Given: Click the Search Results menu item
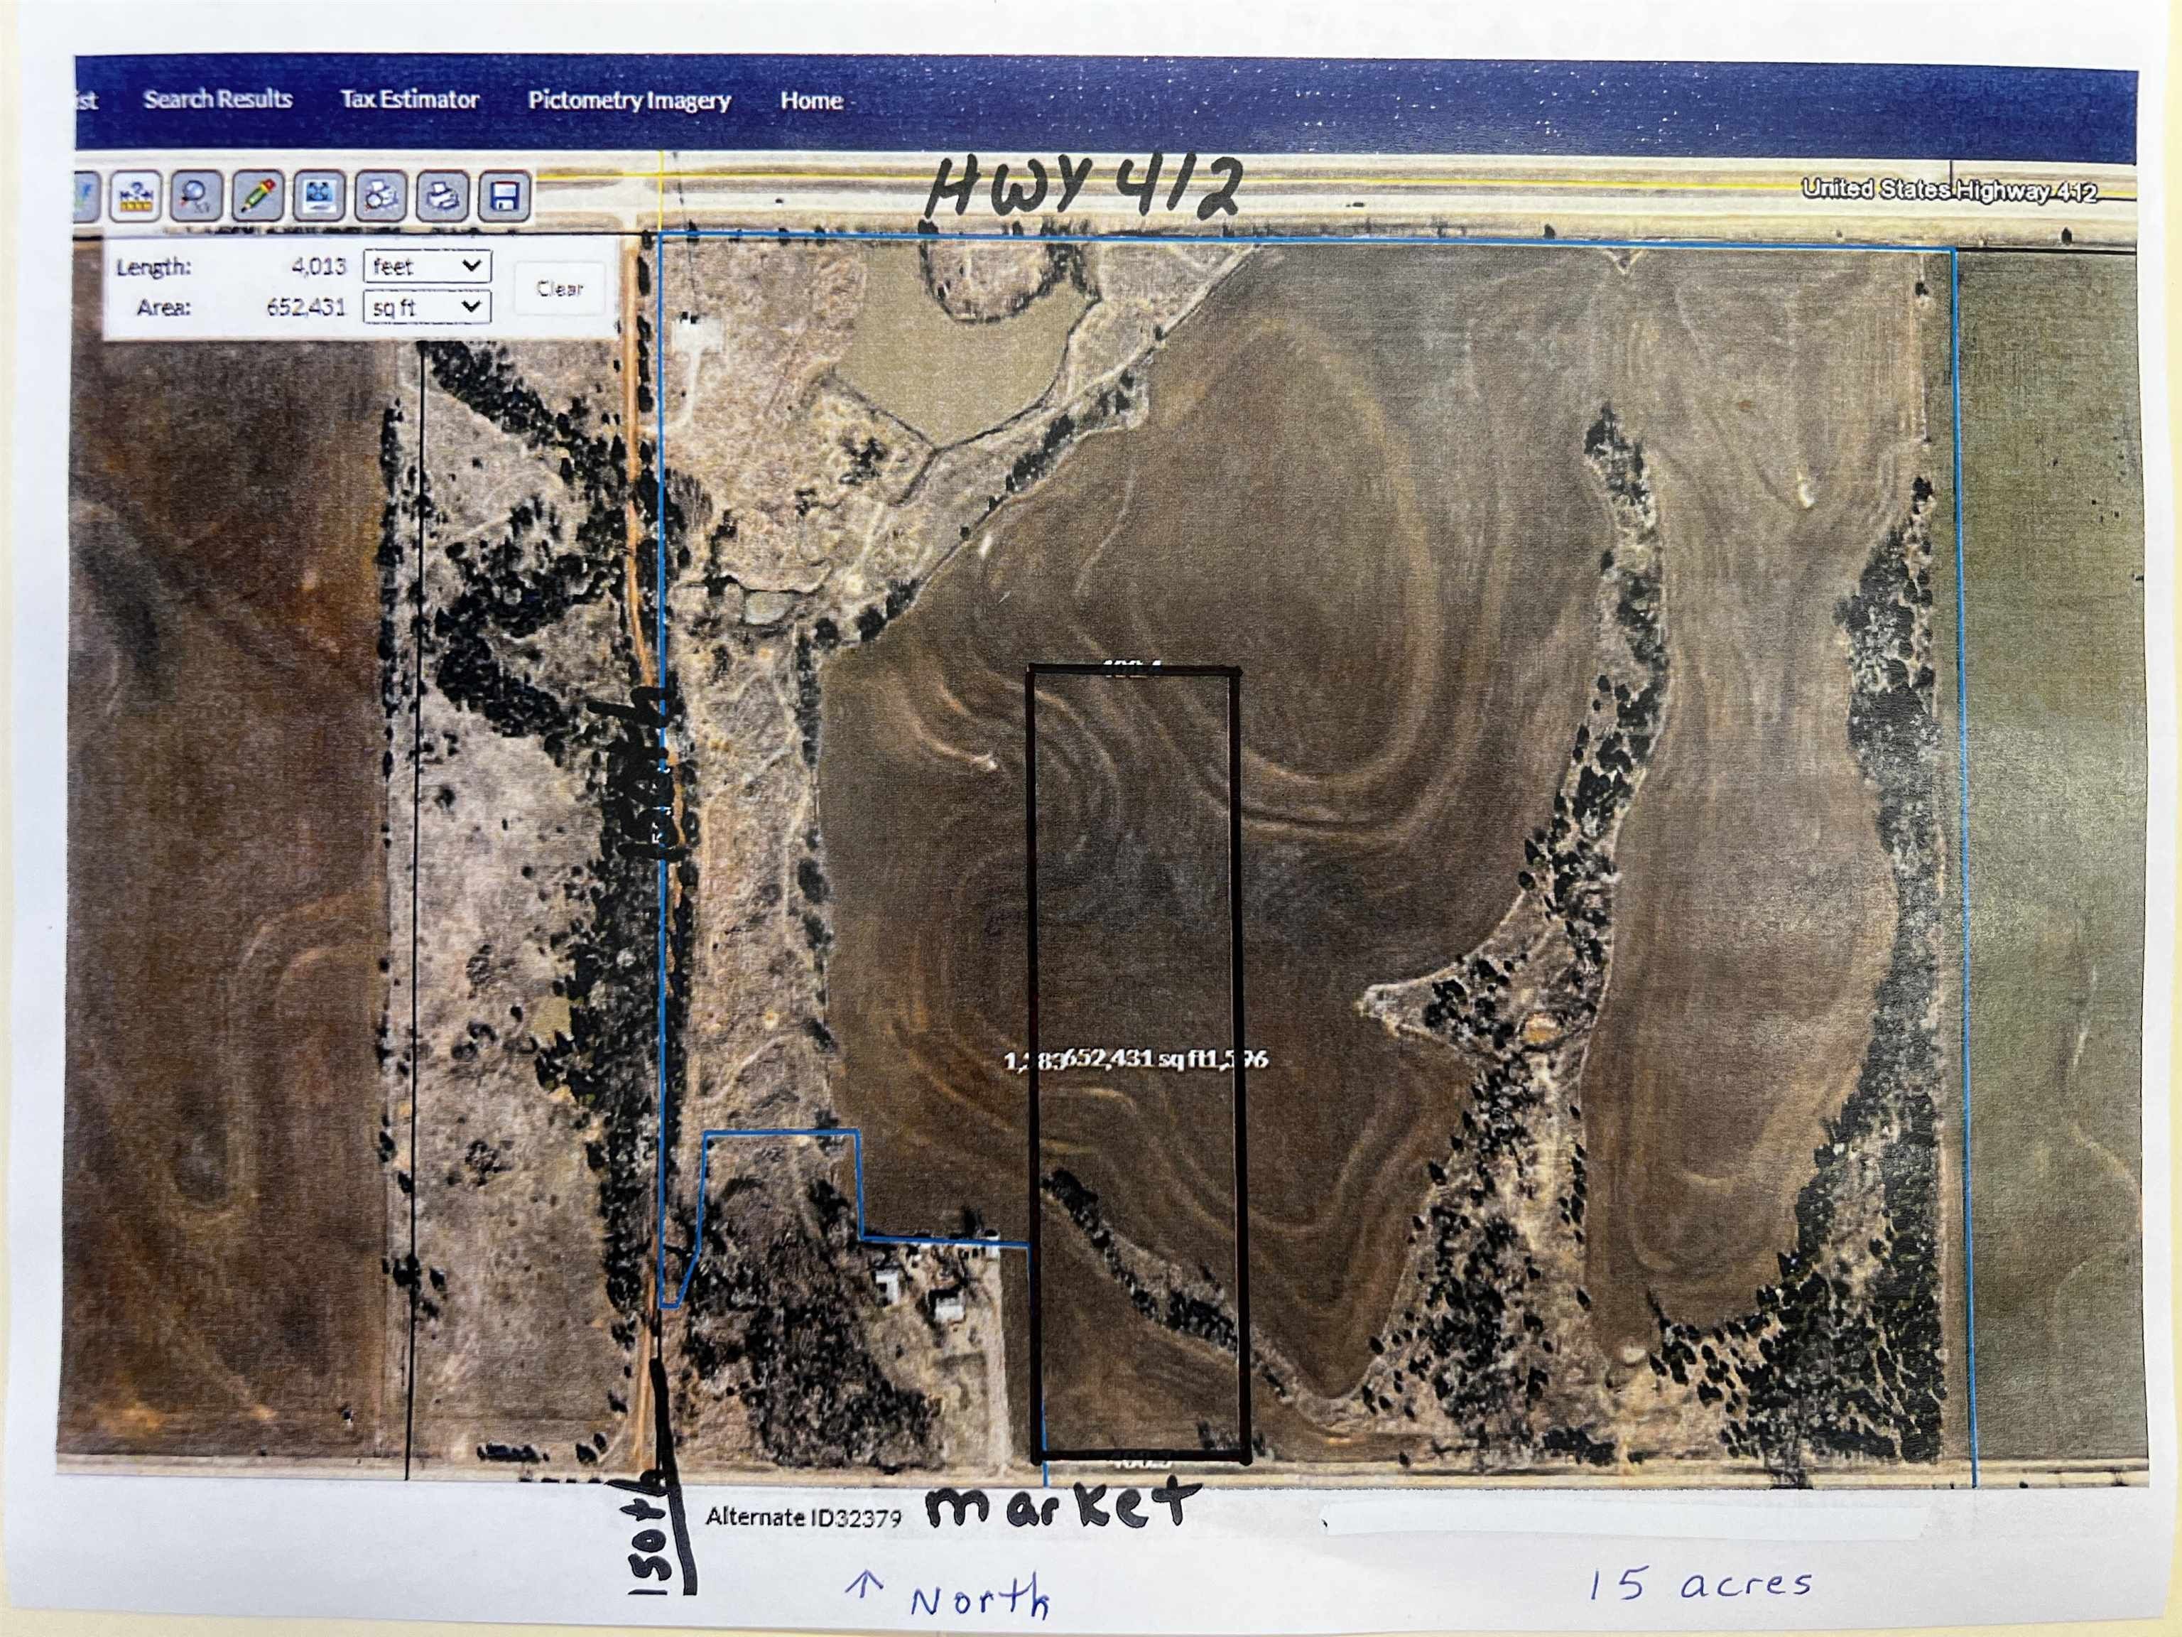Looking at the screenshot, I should pyautogui.click(x=217, y=99).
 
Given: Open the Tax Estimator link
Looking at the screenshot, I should pyautogui.click(x=409, y=99).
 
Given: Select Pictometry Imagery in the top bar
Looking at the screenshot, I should pyautogui.click(x=629, y=101).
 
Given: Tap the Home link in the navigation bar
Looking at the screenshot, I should pyautogui.click(x=811, y=101).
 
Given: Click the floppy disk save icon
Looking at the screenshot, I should pyautogui.click(x=504, y=198).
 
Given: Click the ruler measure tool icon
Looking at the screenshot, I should pyautogui.click(x=136, y=195).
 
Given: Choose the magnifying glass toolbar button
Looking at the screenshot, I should pyautogui.click(x=195, y=195).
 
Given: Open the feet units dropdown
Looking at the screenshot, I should pyautogui.click(x=426, y=266).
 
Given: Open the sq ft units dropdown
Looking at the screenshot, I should pyautogui.click(x=426, y=308).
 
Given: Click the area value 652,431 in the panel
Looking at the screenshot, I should pyautogui.click(x=306, y=308).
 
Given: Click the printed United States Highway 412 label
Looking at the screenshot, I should pyautogui.click(x=1948, y=190).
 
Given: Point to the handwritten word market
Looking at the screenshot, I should pyautogui.click(x=1060, y=1508).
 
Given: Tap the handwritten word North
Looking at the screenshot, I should pyautogui.click(x=977, y=1599).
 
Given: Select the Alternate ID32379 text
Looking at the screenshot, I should pyautogui.click(x=803, y=1518).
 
